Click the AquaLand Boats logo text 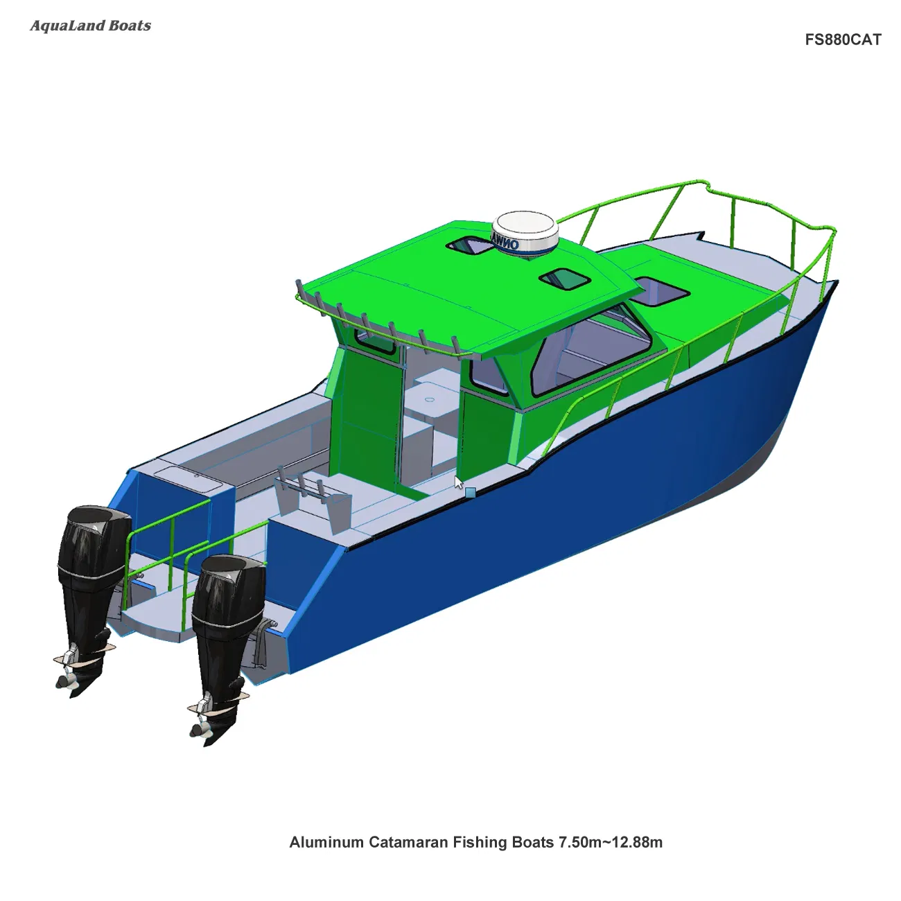pos(90,26)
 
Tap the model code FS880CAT pos(843,40)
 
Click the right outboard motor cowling pos(229,589)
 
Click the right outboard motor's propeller pos(201,724)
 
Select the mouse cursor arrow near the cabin pos(458,482)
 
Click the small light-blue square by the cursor pos(471,493)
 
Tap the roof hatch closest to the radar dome pos(564,279)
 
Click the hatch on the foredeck pos(661,291)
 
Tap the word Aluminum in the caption pos(326,842)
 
